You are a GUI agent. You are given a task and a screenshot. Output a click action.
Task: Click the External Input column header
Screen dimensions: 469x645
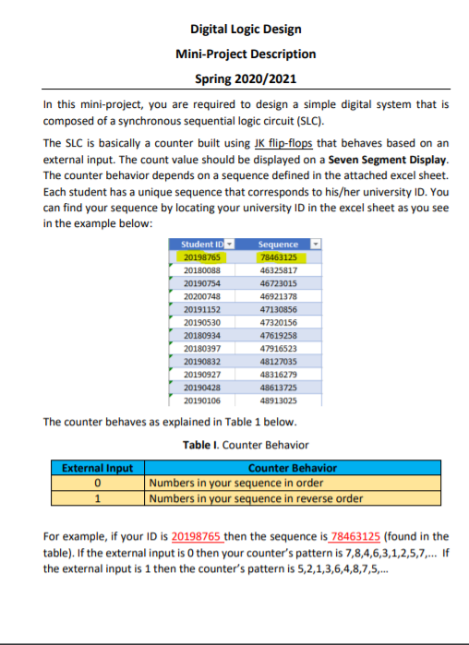[x=98, y=469]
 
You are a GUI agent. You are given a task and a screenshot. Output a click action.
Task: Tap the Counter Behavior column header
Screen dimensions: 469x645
[x=293, y=469]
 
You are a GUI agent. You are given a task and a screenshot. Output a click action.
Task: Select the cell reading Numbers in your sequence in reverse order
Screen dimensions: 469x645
[x=256, y=499]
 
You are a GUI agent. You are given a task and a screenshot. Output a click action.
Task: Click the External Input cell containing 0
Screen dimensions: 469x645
[x=98, y=484]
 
